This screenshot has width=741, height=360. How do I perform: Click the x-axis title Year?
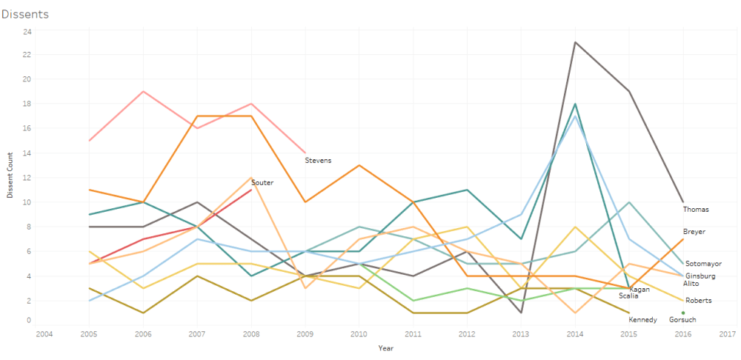coord(385,347)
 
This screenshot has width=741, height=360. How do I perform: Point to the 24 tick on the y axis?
coord(27,32)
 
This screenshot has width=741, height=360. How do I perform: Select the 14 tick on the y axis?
coord(27,153)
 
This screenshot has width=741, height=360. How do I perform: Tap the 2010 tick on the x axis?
coord(359,334)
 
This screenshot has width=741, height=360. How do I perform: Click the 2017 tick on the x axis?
coord(728,334)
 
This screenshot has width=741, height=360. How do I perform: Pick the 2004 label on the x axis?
coord(44,334)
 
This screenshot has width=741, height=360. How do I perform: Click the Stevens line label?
coord(318,160)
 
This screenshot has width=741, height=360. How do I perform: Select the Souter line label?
coord(262,182)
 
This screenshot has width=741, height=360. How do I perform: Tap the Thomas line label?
coord(696,210)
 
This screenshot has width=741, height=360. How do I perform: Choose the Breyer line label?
coord(694,232)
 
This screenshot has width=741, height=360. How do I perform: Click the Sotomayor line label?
coord(703,264)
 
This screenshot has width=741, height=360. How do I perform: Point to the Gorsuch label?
coord(681,320)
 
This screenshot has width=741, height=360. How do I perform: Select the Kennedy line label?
coord(642,320)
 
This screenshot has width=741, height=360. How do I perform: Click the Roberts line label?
coord(699,300)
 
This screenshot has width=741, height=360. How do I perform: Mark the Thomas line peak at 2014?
coord(575,42)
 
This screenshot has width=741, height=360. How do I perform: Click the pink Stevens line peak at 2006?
coord(142,91)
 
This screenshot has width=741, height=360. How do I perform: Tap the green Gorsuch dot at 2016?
coord(683,313)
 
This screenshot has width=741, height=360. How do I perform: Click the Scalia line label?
coord(628,296)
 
